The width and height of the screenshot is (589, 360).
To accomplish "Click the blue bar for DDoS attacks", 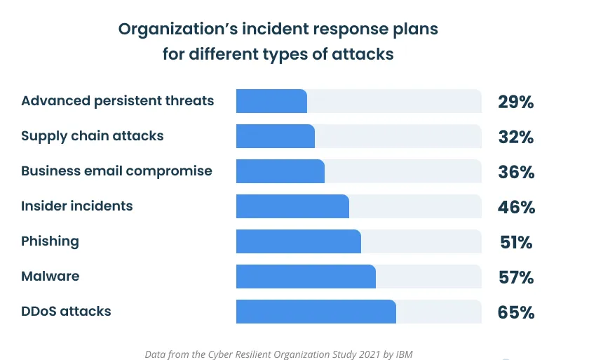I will [316, 312].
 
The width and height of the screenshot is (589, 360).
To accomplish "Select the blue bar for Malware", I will [306, 276].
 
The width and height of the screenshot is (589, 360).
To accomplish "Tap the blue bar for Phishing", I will [299, 241].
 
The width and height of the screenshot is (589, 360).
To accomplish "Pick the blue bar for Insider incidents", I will [292, 206].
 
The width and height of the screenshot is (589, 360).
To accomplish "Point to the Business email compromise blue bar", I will [280, 171].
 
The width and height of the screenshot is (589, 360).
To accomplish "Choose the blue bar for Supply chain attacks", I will [276, 136].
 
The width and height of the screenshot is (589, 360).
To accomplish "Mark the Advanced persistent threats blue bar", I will [271, 101].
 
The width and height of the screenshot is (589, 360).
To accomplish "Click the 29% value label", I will [516, 102].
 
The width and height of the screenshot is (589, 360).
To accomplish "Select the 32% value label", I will [516, 138].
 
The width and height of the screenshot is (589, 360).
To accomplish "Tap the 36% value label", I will [516, 173].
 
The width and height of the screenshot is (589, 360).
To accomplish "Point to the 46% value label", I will [516, 208].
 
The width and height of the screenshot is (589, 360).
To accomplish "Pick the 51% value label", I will [516, 243].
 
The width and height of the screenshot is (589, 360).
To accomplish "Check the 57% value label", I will [516, 278].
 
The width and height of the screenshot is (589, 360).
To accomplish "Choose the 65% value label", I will [516, 313].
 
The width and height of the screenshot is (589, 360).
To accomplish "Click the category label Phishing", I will [50, 241].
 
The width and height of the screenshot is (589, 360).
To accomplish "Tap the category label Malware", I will [50, 276].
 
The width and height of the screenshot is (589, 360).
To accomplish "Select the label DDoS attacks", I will [66, 311].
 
